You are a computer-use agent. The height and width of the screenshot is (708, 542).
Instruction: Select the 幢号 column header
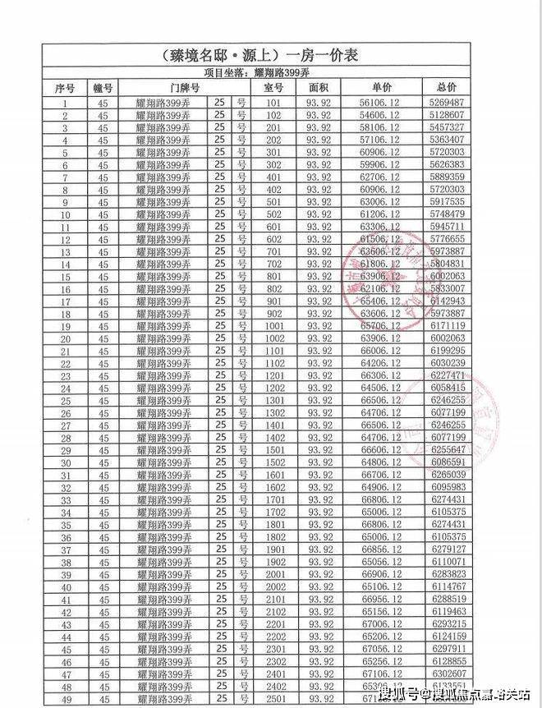pyautogui.click(x=103, y=87)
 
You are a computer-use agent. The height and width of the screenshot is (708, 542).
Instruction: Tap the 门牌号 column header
pyautogui.click(x=185, y=87)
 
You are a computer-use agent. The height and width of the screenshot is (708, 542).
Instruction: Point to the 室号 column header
pyautogui.click(x=274, y=87)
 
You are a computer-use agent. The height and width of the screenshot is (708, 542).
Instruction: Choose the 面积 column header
pyautogui.click(x=318, y=87)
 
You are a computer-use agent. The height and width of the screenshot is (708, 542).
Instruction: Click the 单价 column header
pyautogui.click(x=379, y=87)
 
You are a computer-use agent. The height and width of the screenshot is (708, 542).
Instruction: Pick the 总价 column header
pyautogui.click(x=447, y=87)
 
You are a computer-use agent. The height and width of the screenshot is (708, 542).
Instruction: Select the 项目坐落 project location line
pyautogui.click(x=270, y=73)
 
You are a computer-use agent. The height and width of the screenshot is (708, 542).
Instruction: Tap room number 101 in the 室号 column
pyautogui.click(x=274, y=103)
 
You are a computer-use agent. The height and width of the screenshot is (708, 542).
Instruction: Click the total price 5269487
pyautogui.click(x=447, y=103)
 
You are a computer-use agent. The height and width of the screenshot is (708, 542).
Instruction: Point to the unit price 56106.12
pyautogui.click(x=379, y=103)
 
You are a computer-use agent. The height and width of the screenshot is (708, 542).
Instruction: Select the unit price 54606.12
pyautogui.click(x=379, y=116)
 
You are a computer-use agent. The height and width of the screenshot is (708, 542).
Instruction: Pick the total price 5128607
pyautogui.click(x=447, y=116)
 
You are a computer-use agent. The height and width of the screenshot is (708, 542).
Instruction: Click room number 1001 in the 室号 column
pyautogui.click(x=274, y=324)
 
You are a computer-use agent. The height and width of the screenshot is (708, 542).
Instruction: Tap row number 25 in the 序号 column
pyautogui.click(x=65, y=401)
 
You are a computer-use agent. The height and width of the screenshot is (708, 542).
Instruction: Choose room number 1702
pyautogui.click(x=274, y=513)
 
